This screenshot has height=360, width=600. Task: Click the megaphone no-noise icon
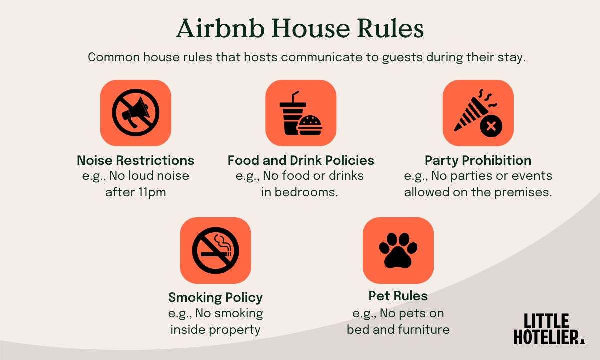(x=135, y=113)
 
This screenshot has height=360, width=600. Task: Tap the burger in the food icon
(x=310, y=125)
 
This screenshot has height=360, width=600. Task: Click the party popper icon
(x=472, y=111)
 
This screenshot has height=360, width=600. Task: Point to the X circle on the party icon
(x=491, y=126)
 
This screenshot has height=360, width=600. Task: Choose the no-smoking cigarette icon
(x=215, y=250)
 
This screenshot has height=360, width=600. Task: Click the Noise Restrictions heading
(x=135, y=160)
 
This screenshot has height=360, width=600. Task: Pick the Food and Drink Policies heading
(x=301, y=160)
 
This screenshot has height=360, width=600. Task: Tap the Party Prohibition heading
(x=478, y=160)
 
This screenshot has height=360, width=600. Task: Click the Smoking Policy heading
(x=215, y=297)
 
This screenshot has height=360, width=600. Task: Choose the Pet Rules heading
(x=398, y=296)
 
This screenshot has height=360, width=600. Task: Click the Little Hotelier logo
(x=548, y=329)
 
